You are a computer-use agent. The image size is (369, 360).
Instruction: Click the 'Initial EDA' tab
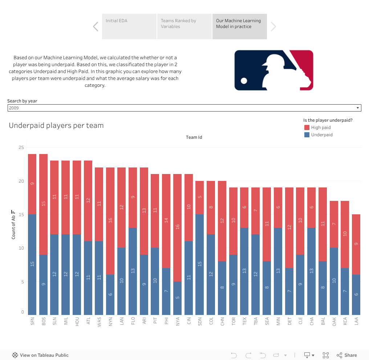pos(129,27)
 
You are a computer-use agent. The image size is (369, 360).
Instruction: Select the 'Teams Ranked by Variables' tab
pos(184,27)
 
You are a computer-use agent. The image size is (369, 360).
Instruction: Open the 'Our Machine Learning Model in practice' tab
pos(239,27)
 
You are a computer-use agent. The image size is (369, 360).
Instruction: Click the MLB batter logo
pos(274,70)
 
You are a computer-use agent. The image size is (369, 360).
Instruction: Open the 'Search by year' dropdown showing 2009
pos(184,108)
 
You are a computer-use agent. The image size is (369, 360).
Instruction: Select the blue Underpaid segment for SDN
pos(200,264)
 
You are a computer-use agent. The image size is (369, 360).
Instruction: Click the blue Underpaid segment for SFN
pos(32,264)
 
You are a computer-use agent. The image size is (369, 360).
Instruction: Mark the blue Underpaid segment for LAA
pos(356,295)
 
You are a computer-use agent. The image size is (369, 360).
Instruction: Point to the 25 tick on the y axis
pos(21,147)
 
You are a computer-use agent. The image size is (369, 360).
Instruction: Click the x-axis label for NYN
pos(111,321)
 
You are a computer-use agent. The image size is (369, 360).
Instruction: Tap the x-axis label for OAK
pos(334,321)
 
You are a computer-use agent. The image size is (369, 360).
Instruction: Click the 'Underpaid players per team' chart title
pos(56,126)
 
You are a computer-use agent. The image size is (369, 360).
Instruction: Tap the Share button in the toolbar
pos(347,355)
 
